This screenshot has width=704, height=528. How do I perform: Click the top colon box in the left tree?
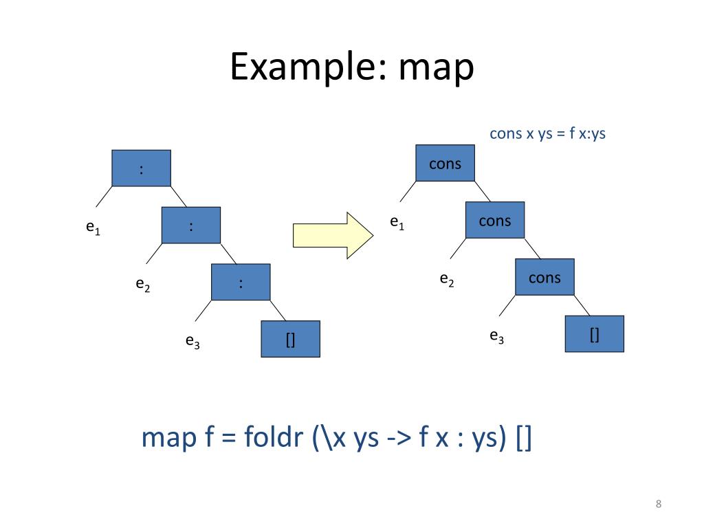tap(141, 168)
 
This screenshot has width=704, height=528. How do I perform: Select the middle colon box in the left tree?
tap(190, 225)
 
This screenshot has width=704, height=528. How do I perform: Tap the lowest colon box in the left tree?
tap(241, 282)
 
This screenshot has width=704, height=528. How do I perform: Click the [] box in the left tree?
tap(290, 339)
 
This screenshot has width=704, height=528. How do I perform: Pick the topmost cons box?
tap(445, 163)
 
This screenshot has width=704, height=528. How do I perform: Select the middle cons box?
tap(495, 220)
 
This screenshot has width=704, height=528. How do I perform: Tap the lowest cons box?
tap(544, 277)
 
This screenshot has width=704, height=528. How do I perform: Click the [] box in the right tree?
tap(594, 334)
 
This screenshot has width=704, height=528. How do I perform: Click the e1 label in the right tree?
tap(397, 223)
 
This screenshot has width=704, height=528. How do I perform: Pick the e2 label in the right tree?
tap(447, 279)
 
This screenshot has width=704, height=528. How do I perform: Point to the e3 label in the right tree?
tap(496, 336)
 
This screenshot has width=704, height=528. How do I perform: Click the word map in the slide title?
tap(436, 68)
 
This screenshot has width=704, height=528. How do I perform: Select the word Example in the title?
tap(307, 68)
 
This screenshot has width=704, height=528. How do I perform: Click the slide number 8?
tap(659, 505)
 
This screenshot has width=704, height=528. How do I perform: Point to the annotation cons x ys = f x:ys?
tap(547, 133)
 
